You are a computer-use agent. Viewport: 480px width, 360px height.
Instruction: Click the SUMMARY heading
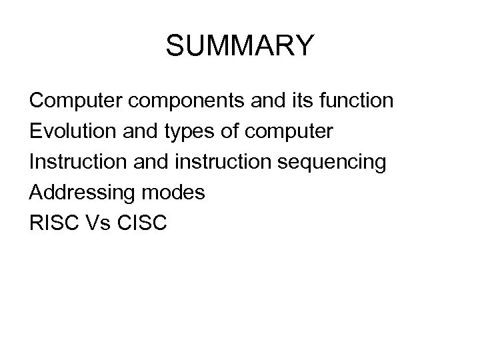tap(239, 47)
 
